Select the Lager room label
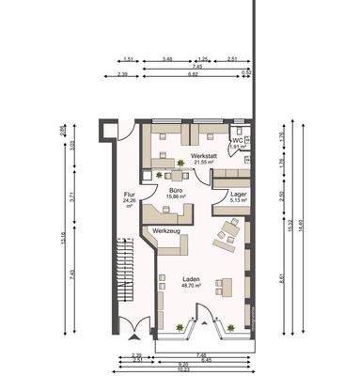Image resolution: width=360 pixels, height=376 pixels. [x=239, y=191]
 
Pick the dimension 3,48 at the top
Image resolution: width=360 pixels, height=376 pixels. [x=166, y=58]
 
